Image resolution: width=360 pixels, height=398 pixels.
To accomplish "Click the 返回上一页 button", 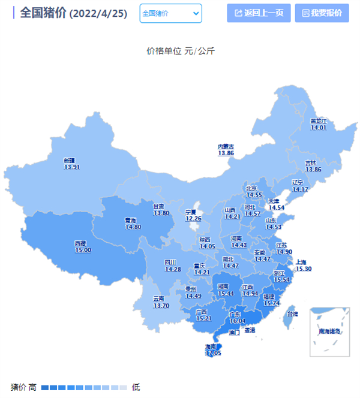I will point(259,13).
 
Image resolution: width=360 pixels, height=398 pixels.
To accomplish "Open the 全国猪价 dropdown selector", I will point(171,13).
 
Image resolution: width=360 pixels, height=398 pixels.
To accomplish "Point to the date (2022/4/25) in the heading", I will point(98,13).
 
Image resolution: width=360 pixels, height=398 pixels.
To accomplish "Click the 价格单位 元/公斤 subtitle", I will point(180,51).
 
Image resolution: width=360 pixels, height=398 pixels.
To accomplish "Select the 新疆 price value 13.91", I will point(71,167).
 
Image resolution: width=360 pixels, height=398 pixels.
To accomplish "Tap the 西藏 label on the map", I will point(80,243).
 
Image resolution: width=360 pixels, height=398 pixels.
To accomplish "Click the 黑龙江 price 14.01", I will point(318,127).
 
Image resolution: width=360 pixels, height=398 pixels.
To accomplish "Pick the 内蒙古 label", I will point(226,147).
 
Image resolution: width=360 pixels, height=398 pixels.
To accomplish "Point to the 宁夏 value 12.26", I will point(193,219).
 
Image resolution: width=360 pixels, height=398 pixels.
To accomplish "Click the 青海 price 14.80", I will point(133,227).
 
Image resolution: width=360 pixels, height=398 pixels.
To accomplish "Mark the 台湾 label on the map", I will point(292,314).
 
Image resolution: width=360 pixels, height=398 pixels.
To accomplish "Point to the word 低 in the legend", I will point(136,387).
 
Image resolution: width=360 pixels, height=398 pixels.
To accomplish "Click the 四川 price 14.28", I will point(173,269).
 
